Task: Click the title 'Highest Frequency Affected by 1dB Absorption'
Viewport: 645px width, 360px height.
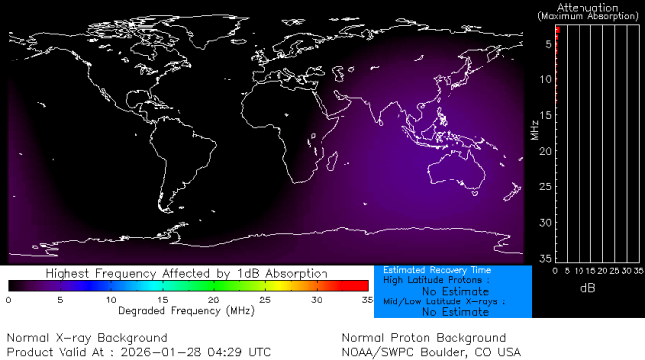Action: (x=187, y=273)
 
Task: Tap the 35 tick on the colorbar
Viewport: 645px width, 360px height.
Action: (x=367, y=300)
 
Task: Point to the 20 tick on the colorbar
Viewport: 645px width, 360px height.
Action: (x=213, y=300)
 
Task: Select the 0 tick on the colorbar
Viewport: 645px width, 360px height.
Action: (x=8, y=300)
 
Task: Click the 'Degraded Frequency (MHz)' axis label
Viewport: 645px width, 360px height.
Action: (x=188, y=310)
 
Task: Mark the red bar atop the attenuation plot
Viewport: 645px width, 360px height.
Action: (x=558, y=32)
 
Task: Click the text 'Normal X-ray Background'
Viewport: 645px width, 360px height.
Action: (x=87, y=338)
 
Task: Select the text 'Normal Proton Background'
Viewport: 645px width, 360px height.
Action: (x=424, y=338)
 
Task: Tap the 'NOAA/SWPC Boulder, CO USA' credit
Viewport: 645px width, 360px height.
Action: (x=431, y=351)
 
